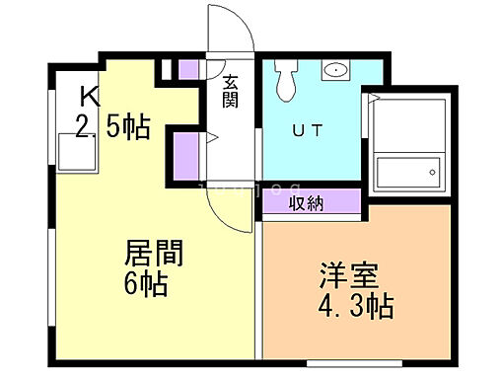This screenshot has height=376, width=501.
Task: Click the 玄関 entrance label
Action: click(229, 93)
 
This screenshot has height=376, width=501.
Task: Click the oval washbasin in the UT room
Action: click(336, 70)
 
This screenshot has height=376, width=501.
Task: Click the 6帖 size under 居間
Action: click(147, 285)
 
